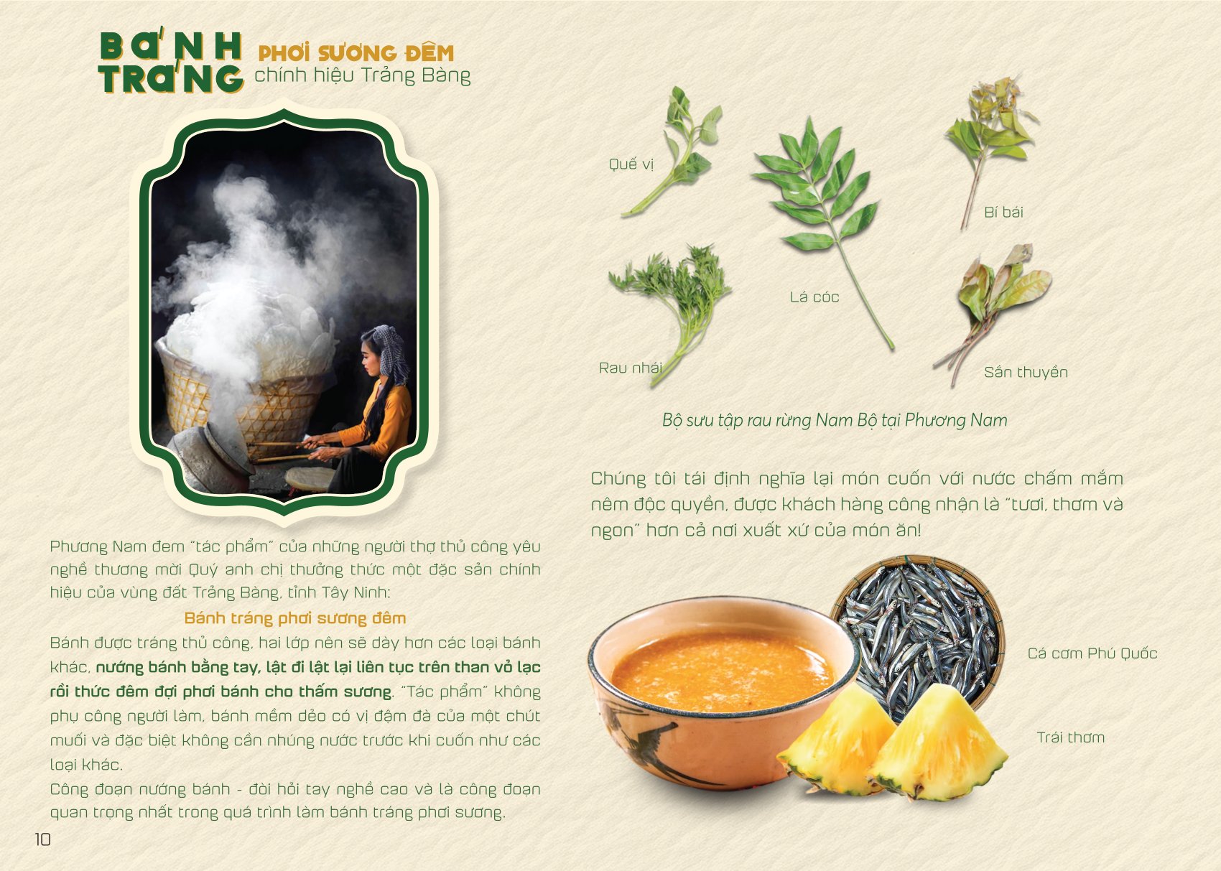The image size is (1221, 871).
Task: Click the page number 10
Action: (x=42, y=839)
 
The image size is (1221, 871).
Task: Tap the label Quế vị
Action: (x=631, y=164)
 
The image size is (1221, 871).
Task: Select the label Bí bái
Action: (x=1003, y=212)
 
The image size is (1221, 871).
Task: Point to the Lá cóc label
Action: (x=814, y=297)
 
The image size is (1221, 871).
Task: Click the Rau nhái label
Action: (x=630, y=368)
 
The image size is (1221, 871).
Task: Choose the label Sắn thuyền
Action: (x=1026, y=372)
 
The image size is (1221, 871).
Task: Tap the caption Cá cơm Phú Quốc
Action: (x=1092, y=653)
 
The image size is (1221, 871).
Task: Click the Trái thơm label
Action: (x=1071, y=737)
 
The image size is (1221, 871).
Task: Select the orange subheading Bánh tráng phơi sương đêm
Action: (x=295, y=618)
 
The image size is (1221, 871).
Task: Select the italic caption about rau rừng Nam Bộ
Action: (x=835, y=420)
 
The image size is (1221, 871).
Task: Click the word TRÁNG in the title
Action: (x=171, y=80)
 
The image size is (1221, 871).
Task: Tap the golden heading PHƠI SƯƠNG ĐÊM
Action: (x=356, y=53)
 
